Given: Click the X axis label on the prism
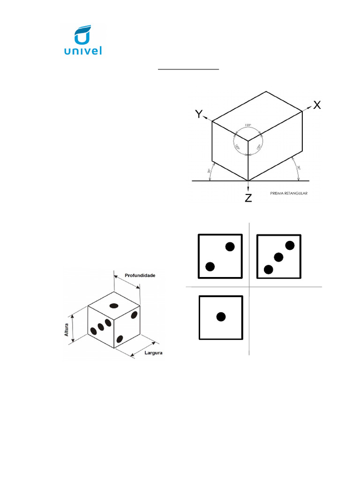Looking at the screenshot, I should coord(317,105).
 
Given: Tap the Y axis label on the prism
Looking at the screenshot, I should coord(200,114).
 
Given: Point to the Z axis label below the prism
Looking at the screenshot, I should coord(248,198).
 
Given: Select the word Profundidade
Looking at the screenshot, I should coord(140,275).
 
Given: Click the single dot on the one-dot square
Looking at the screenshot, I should coord(221,317).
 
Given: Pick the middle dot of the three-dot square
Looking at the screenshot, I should coord(279,257).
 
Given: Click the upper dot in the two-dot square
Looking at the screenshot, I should coord(230,247).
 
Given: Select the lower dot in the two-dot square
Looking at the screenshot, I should coord(210,267).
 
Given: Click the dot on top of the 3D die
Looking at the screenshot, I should coord(113,306).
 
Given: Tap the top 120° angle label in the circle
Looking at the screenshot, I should coord(248,126).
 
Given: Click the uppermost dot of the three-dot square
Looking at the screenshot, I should coord(290,245).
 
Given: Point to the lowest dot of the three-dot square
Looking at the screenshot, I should coord(268,269).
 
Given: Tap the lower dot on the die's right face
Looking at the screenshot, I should coord(120,338).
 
